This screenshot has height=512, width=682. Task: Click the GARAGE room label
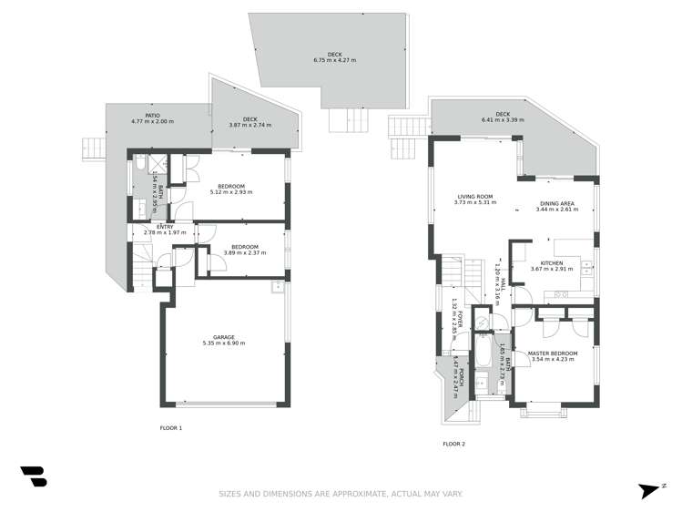point(224,337)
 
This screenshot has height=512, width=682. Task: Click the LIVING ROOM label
point(474,197)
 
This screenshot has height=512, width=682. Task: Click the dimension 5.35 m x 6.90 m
point(224,343)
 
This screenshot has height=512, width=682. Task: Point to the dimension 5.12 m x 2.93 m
point(231,192)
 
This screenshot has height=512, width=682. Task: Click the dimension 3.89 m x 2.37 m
point(244,252)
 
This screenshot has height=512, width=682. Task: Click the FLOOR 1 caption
point(171,427)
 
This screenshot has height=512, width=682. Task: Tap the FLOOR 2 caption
point(453,444)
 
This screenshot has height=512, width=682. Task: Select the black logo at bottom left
point(33,476)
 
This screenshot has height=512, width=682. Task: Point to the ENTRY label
point(165,226)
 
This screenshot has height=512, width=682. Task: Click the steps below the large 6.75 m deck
point(343,119)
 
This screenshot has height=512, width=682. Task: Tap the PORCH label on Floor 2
point(462,378)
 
